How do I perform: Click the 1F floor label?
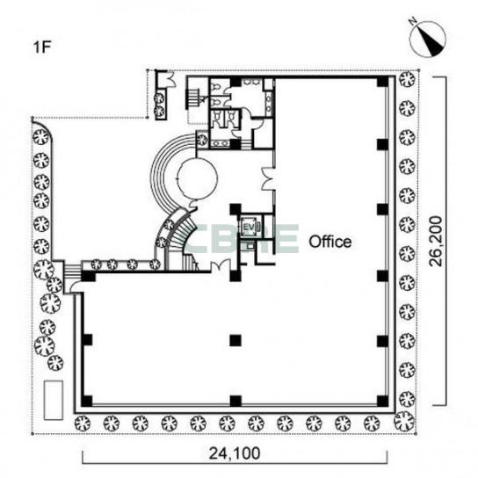(x=41, y=47)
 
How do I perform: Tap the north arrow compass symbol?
(x=427, y=40)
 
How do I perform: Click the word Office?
(x=330, y=242)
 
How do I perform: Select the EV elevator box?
(x=249, y=226)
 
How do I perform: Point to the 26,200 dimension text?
(x=435, y=241)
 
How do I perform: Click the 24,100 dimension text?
(x=235, y=453)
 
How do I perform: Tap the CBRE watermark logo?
(x=243, y=239)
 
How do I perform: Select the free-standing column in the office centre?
(x=235, y=341)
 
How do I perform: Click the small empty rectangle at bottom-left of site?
(x=54, y=400)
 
